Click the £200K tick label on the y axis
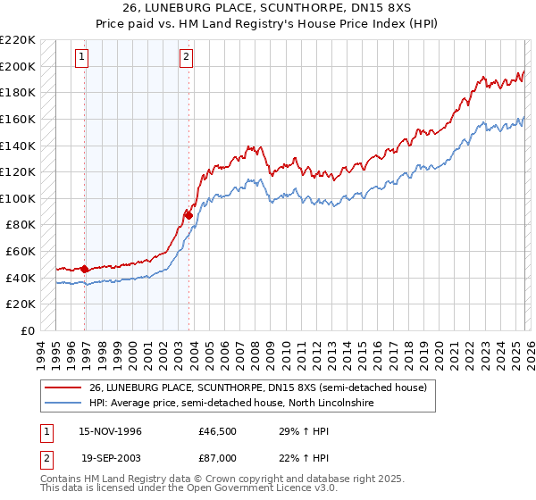[x=18, y=66]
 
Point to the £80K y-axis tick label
[x=21, y=225]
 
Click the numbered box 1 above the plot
[x=81, y=57]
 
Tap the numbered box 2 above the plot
[x=187, y=57]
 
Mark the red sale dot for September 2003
[x=189, y=215]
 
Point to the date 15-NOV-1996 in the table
[x=112, y=430]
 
